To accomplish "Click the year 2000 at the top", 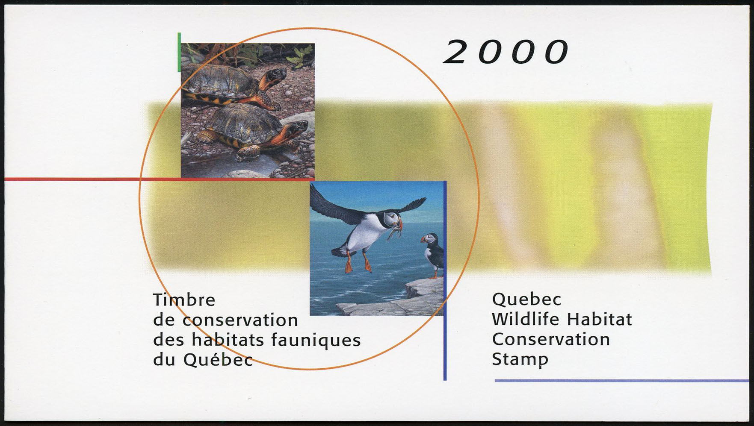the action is [x=506, y=52].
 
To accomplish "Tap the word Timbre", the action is [x=184, y=300].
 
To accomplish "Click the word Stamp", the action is [x=520, y=360].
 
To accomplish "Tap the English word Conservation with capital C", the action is [x=551, y=339].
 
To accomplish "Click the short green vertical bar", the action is [x=179, y=52].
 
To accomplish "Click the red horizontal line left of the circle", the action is [x=72, y=179].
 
